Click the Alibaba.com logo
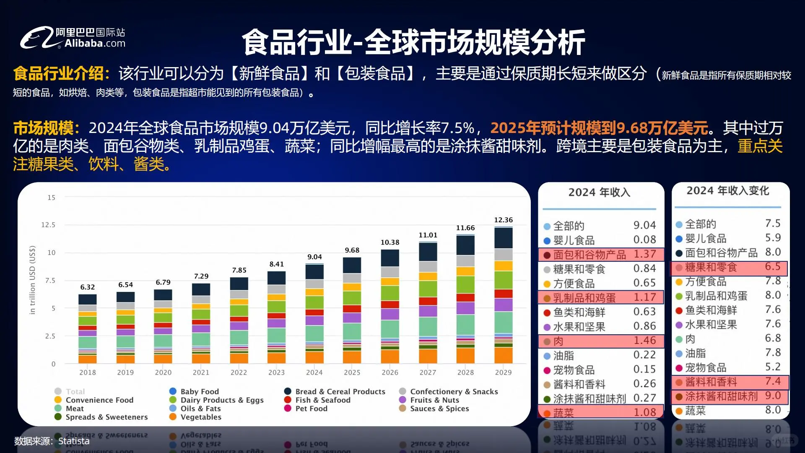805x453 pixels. (x=73, y=38)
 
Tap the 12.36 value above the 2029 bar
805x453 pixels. (x=503, y=220)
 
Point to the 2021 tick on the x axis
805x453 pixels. (x=201, y=372)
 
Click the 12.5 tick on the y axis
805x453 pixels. (x=48, y=225)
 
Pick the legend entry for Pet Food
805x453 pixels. (x=311, y=409)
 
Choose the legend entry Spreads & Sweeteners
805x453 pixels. (x=106, y=417)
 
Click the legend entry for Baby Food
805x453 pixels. (x=200, y=391)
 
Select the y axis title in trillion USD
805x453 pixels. (x=32, y=280)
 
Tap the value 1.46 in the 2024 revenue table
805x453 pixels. (x=644, y=341)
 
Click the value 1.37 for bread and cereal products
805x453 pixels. (x=644, y=254)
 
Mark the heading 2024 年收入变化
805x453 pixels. (x=728, y=191)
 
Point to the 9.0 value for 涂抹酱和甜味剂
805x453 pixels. (x=773, y=396)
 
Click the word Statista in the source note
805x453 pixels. (x=74, y=441)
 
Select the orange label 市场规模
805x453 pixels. (x=43, y=128)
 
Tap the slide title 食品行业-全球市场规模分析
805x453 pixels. (x=413, y=42)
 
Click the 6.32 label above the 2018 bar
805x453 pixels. (x=88, y=287)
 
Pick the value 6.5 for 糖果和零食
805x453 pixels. (x=773, y=267)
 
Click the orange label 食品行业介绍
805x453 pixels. (x=58, y=73)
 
